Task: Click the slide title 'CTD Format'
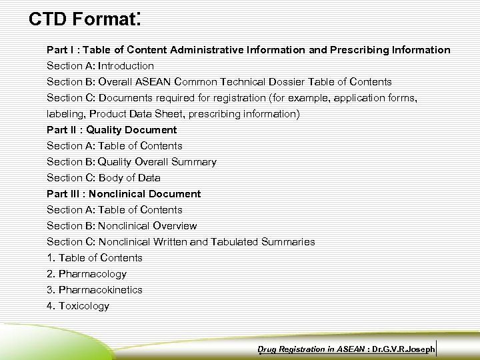pyautogui.click(x=83, y=19)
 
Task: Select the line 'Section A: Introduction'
pyautogui.click(x=100, y=66)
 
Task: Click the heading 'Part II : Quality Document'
pyautogui.click(x=111, y=130)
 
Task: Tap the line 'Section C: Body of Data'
pyautogui.click(x=103, y=178)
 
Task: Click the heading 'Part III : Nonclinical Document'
pyautogui.click(x=123, y=194)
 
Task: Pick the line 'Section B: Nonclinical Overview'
pyautogui.click(x=121, y=226)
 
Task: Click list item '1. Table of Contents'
pyautogui.click(x=95, y=258)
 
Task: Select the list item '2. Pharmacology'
pyautogui.click(x=87, y=274)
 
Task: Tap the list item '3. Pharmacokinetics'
pyautogui.click(x=95, y=290)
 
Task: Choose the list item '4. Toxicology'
pyautogui.click(x=78, y=306)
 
